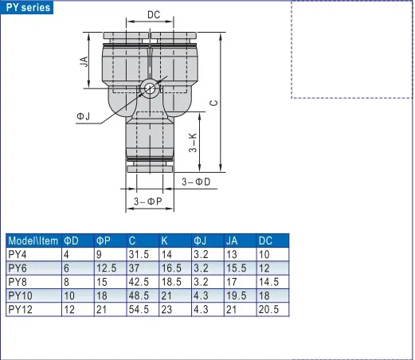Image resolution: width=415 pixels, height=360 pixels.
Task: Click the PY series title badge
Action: point(27,7)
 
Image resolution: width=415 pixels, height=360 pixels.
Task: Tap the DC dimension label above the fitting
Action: point(154,15)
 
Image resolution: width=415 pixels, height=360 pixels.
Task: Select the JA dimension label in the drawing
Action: point(84,61)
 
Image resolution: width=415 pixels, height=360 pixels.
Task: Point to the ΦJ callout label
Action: point(84,116)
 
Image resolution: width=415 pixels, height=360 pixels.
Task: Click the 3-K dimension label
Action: point(193,143)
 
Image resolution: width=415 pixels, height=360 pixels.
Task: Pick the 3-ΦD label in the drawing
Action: point(196,182)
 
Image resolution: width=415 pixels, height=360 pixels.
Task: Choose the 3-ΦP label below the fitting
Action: point(147,202)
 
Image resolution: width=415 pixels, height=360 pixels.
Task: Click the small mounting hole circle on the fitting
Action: point(150,88)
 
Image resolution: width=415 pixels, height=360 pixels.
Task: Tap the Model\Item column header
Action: point(33,241)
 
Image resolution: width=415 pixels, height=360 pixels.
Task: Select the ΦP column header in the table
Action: point(104,241)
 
